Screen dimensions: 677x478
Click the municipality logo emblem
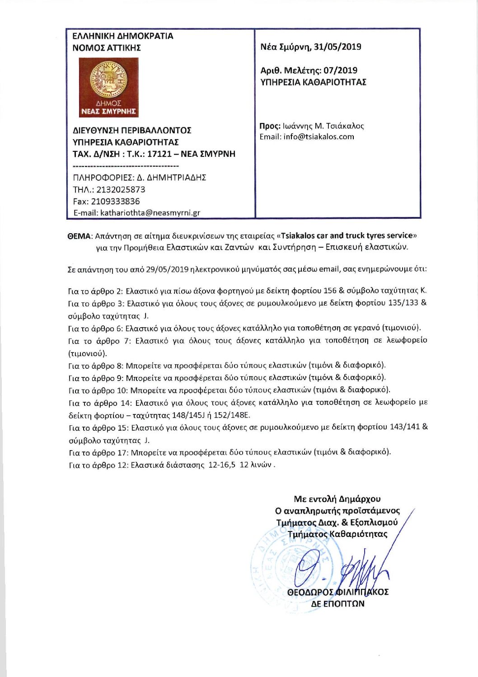[x=108, y=87]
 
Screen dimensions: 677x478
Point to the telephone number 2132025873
[x=121, y=189]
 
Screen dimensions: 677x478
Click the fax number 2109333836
[x=115, y=201]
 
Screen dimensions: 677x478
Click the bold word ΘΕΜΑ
[x=80, y=236]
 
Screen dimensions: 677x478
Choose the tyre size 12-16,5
[x=222, y=465]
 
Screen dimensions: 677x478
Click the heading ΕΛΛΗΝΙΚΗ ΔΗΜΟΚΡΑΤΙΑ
[x=123, y=36]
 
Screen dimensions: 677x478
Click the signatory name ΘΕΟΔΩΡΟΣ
[x=310, y=592]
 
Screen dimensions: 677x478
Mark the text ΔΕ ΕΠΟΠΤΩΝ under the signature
[x=337, y=604]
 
